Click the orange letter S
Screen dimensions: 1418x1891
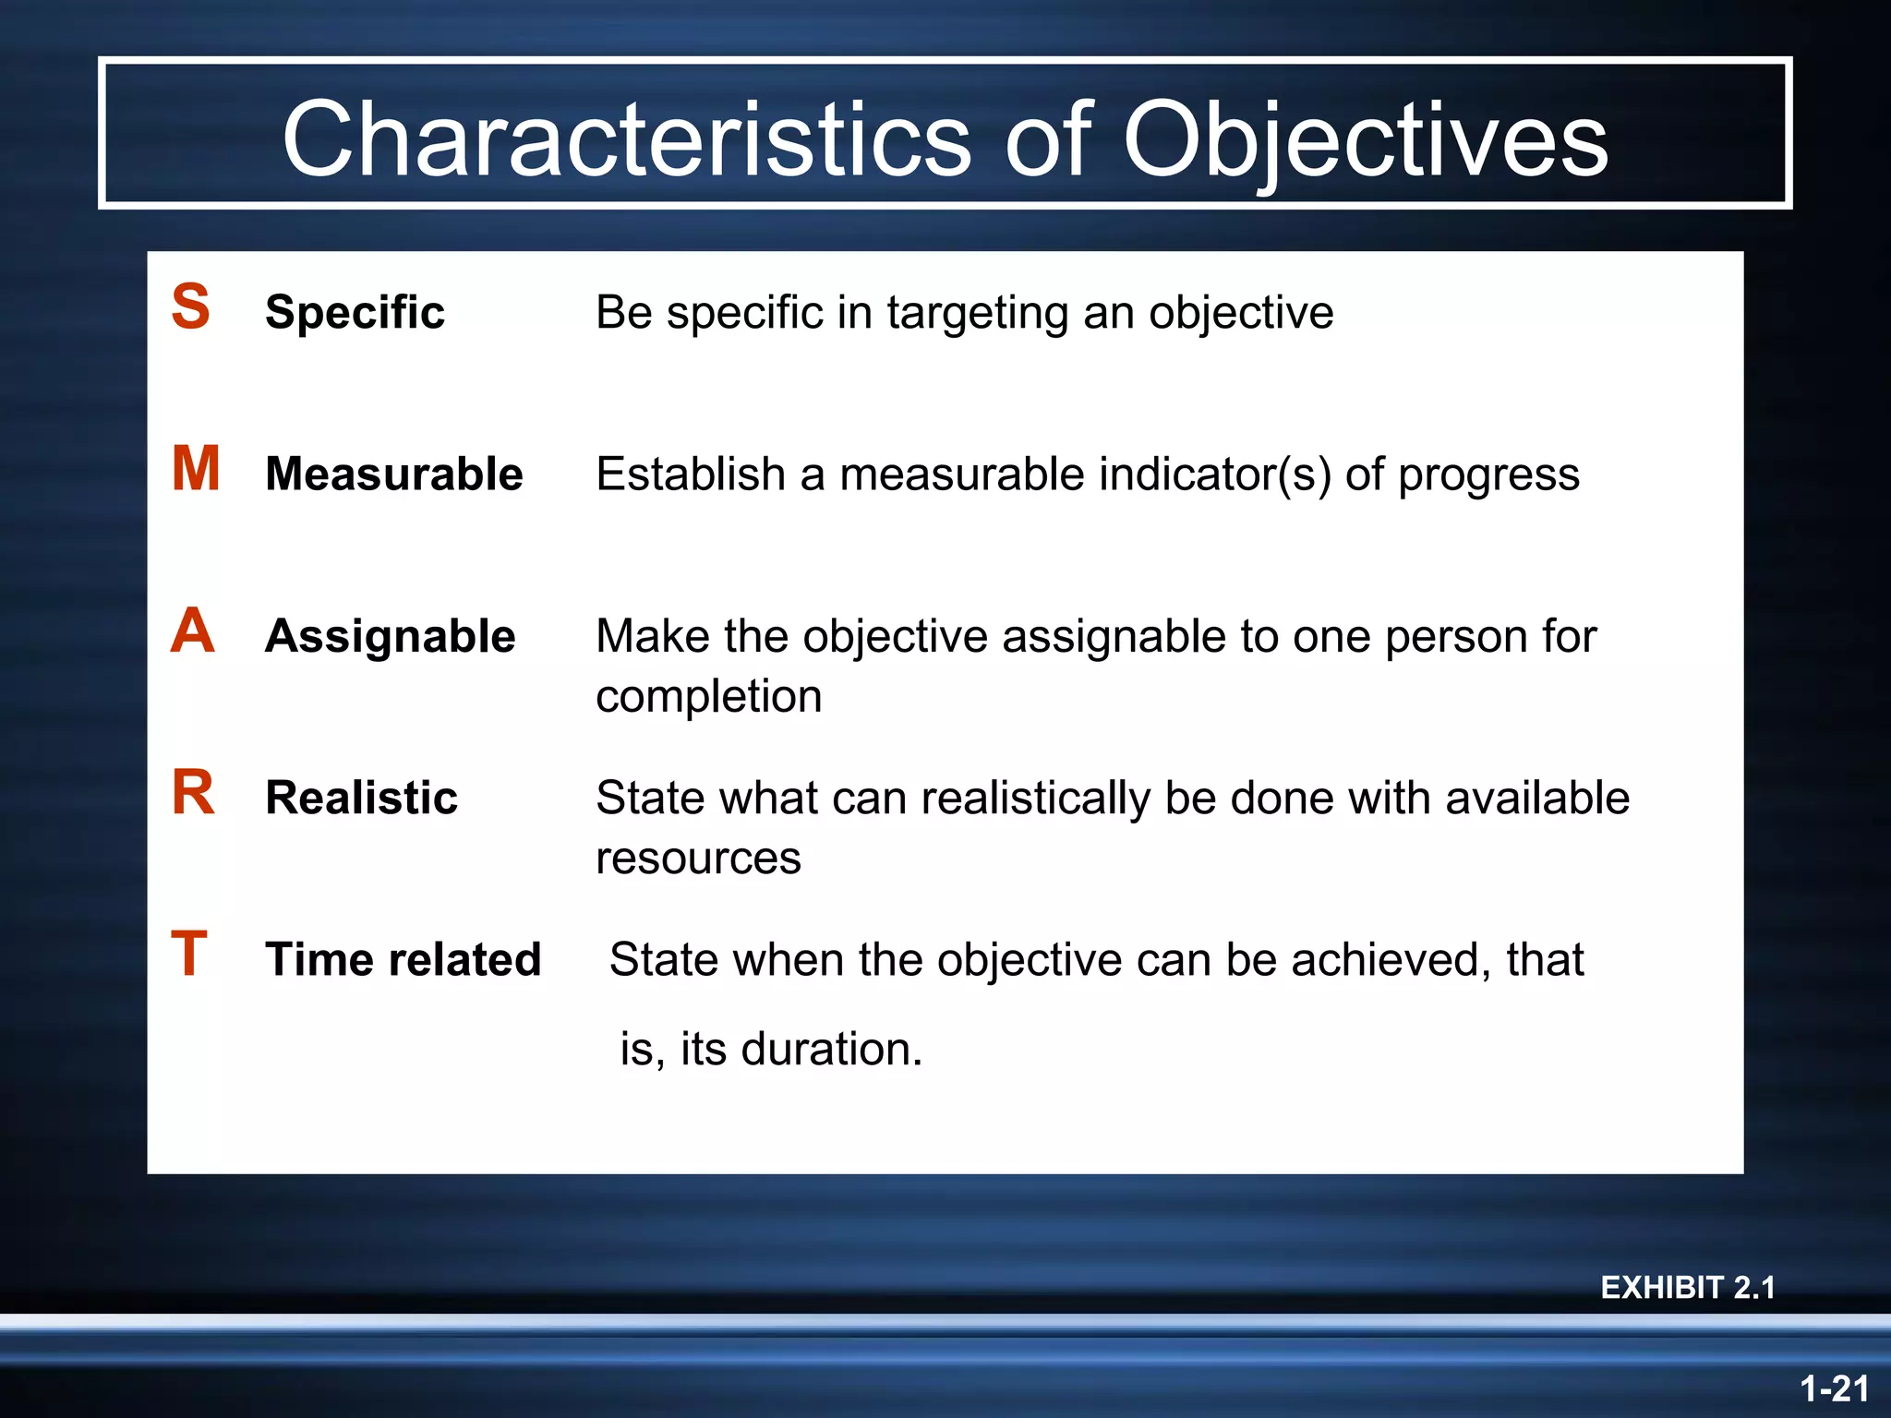coord(191,306)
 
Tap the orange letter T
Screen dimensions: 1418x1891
coord(189,954)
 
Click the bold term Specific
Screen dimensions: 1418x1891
coord(355,312)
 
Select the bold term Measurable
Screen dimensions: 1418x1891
coord(393,474)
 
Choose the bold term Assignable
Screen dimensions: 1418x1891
coord(390,636)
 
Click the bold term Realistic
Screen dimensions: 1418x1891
coord(361,798)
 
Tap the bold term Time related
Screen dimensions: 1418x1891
coord(403,959)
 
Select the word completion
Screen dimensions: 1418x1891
coord(708,697)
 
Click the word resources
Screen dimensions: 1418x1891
coord(698,859)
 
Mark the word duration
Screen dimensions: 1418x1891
coord(830,1050)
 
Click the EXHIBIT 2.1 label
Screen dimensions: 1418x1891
coord(1687,1287)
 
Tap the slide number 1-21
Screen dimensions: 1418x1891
coord(1834,1388)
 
